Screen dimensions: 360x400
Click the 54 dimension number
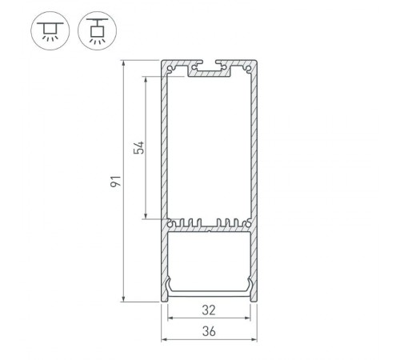coord(138,148)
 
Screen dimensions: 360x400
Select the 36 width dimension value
coord(208,331)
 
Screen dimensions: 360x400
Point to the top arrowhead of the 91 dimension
coord(124,62)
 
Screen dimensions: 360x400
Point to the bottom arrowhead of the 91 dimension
coord(124,298)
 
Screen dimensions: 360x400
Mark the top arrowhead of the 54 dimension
coord(146,79)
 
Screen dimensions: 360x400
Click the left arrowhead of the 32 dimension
coord(170,318)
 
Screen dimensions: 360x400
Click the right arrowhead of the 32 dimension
coord(247,318)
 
